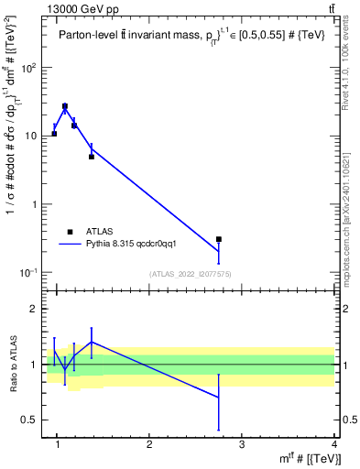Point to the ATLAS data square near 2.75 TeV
tap(218, 239)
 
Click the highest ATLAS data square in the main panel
tap(65, 106)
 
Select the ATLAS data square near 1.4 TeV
tap(92, 157)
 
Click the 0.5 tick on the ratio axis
tap(30, 420)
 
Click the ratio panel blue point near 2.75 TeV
tap(218, 397)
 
